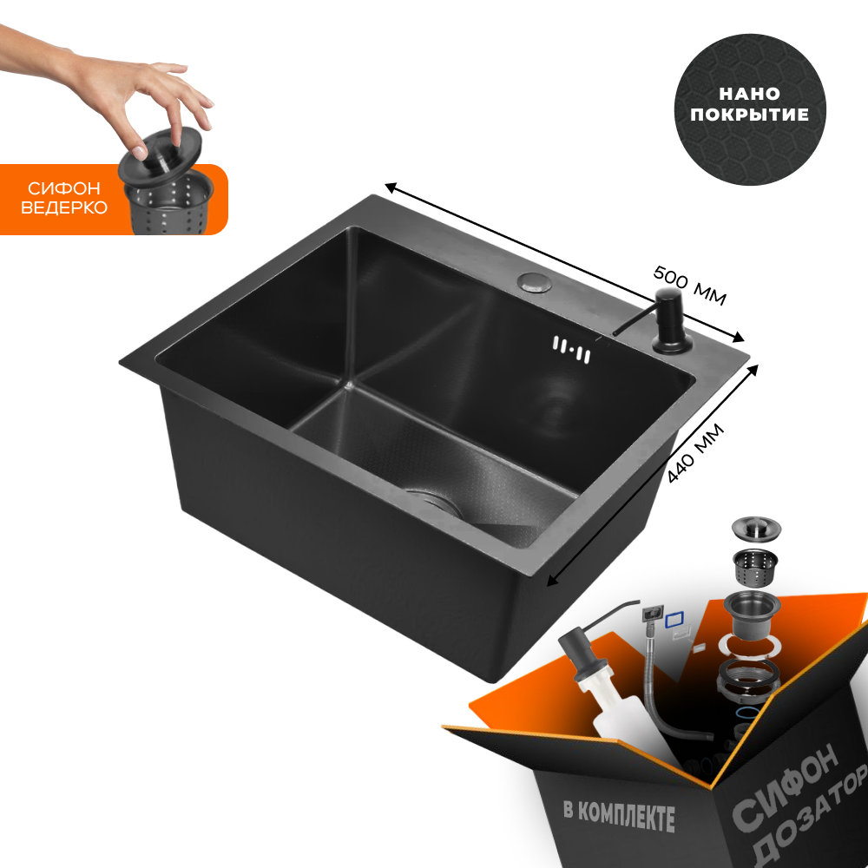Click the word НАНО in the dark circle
coord(750,94)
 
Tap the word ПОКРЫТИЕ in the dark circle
coord(750,114)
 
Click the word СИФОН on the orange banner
coord(64,188)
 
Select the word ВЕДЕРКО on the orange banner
coord(64,207)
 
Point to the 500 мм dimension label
coord(689,285)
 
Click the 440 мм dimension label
coord(695,453)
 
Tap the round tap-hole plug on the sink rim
coord(535,282)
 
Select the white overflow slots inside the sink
coord(572,350)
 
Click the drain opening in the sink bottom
coord(435,502)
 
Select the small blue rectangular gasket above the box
coord(674,619)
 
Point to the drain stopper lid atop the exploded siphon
coord(756,527)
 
